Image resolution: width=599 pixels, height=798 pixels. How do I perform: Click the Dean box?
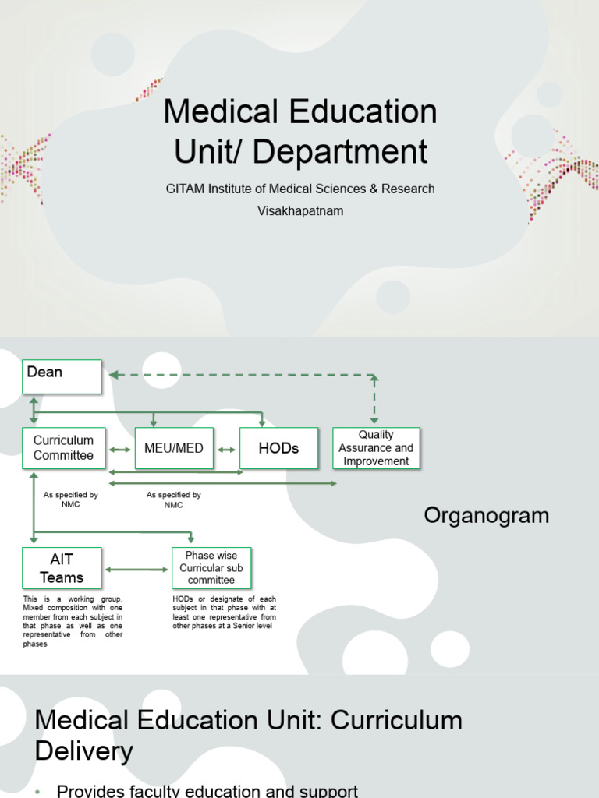62,376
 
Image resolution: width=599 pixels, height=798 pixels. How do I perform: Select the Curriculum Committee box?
63,448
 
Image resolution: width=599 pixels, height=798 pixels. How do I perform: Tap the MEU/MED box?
174,449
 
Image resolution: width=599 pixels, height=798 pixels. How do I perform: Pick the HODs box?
278,449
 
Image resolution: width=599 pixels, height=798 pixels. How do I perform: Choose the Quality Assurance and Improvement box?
376,448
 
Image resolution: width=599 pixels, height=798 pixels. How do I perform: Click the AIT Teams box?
62,567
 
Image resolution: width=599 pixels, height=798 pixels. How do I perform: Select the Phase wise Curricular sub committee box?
211,567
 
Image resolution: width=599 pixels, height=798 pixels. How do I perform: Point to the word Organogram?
486,516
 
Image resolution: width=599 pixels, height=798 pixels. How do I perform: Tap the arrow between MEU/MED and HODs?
226,450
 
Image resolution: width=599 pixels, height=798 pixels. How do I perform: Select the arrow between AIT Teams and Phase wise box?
136,570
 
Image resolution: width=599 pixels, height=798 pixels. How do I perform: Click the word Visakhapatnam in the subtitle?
300,210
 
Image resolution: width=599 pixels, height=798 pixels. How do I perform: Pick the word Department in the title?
341,151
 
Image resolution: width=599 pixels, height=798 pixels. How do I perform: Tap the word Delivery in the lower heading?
84,751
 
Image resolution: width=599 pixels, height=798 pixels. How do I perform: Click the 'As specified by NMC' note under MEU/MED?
173,500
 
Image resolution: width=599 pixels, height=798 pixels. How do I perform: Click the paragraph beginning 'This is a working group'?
73,621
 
